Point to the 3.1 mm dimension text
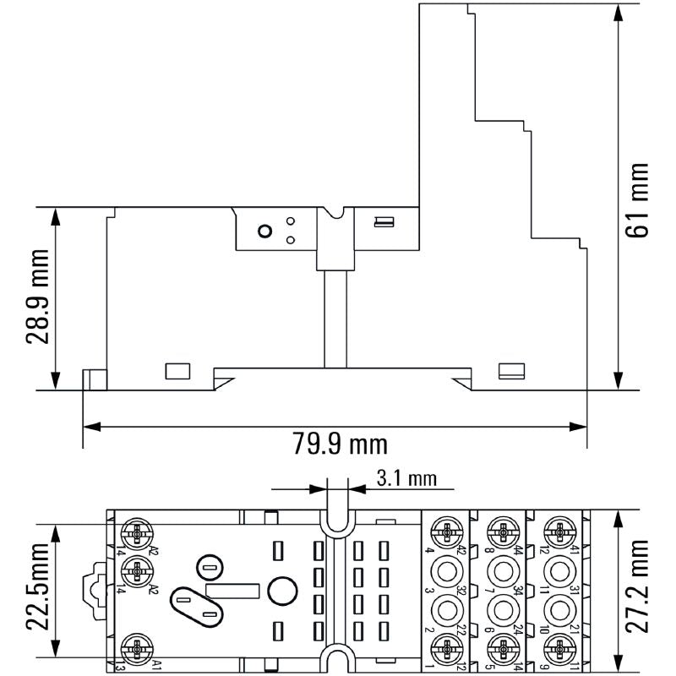(x=406, y=479)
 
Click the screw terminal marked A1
(x=136, y=651)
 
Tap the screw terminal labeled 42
(x=445, y=532)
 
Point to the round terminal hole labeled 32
(x=445, y=570)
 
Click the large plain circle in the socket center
(x=282, y=590)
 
